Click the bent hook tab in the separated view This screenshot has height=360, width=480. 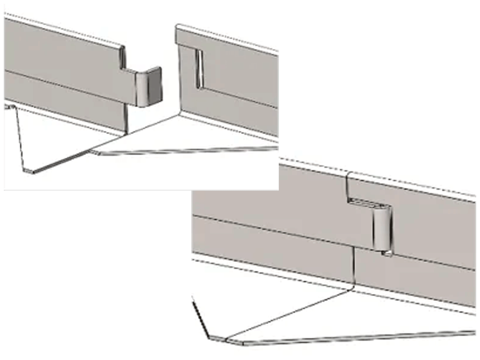148,87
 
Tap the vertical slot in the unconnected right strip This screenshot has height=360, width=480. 198,68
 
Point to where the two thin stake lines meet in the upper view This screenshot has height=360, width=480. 94,152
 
